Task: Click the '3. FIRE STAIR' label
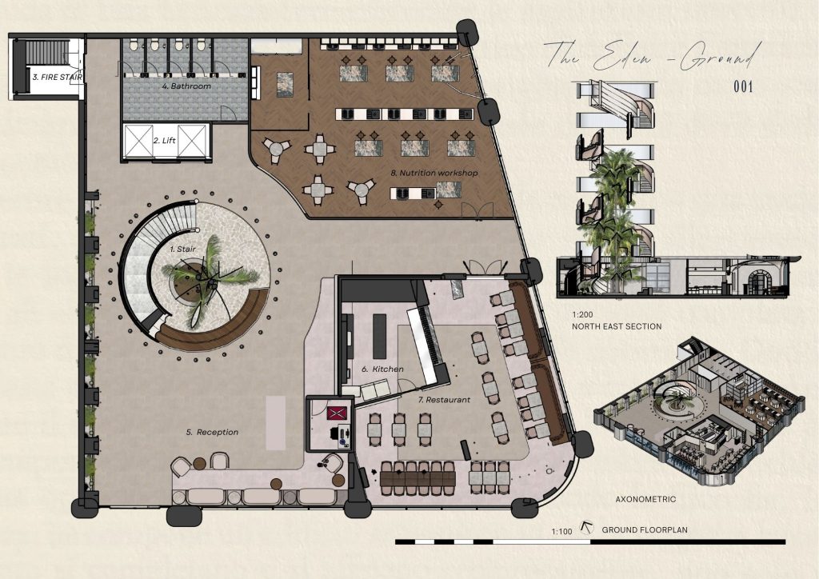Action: pyautogui.click(x=58, y=78)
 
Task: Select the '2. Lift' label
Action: pyautogui.click(x=165, y=141)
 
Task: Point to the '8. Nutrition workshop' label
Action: pyautogui.click(x=434, y=173)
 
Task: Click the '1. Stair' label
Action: pyautogui.click(x=183, y=250)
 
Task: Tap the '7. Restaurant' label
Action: pyautogui.click(x=445, y=400)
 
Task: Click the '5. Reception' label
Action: pyautogui.click(x=212, y=433)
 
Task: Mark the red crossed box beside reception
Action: pyautogui.click(x=337, y=413)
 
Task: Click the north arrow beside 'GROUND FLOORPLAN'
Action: pyautogui.click(x=588, y=529)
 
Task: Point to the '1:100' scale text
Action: pyautogui.click(x=561, y=532)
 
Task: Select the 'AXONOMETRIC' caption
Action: pyautogui.click(x=645, y=499)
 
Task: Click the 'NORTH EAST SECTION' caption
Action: pyautogui.click(x=617, y=326)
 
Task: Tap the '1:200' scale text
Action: pyautogui.click(x=582, y=315)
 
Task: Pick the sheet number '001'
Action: pyautogui.click(x=743, y=86)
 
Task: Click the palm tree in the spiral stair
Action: pyautogui.click(x=210, y=279)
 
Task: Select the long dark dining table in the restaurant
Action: pyautogui.click(x=417, y=478)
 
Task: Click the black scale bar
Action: pyautogui.click(x=590, y=542)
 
